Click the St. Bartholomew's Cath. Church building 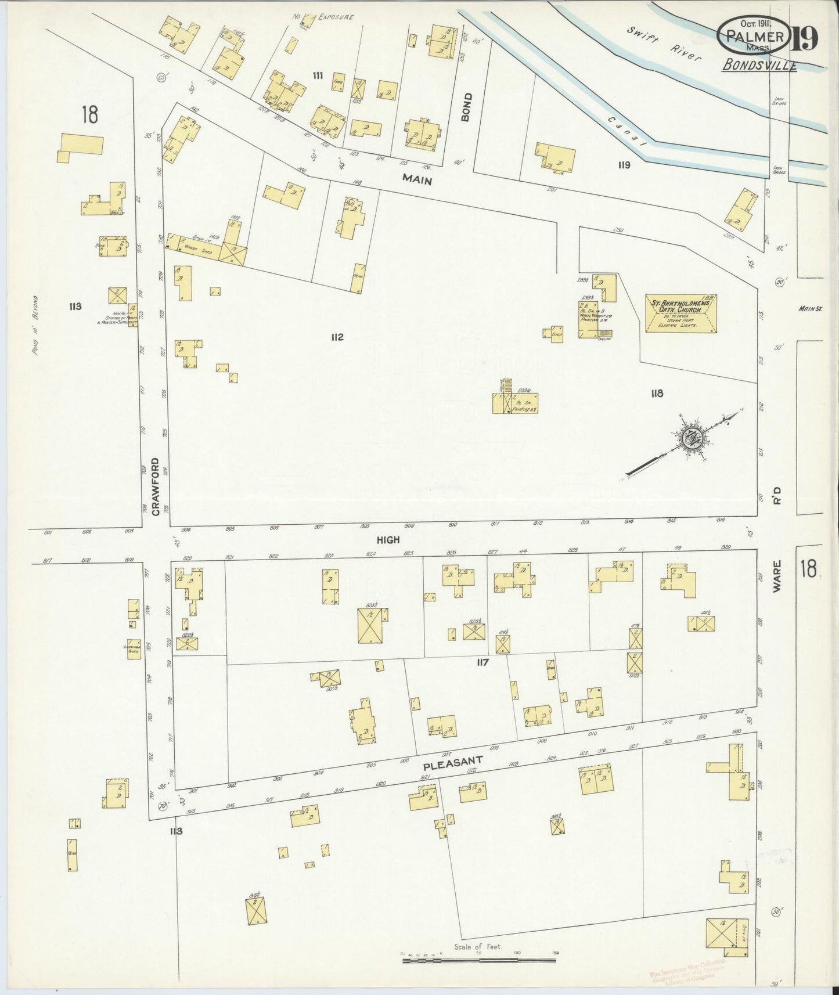681,313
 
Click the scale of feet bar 479,961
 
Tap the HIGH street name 388,539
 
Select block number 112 337,337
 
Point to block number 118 657,394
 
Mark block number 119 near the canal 624,165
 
